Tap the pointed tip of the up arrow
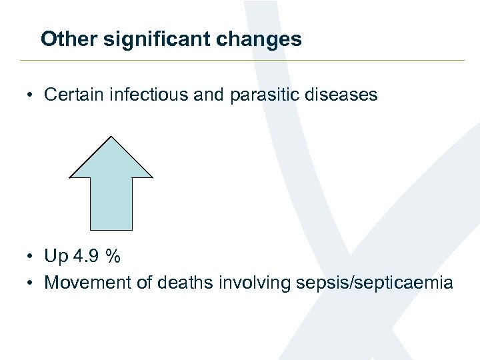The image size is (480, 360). click(111, 138)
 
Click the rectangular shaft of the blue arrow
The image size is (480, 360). click(111, 203)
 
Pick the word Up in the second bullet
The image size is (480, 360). click(55, 257)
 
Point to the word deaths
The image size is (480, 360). click(183, 283)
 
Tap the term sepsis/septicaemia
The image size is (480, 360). click(373, 283)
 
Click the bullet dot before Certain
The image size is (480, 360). click(31, 95)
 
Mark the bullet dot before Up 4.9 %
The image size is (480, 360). click(31, 257)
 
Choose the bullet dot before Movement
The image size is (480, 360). click(31, 283)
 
